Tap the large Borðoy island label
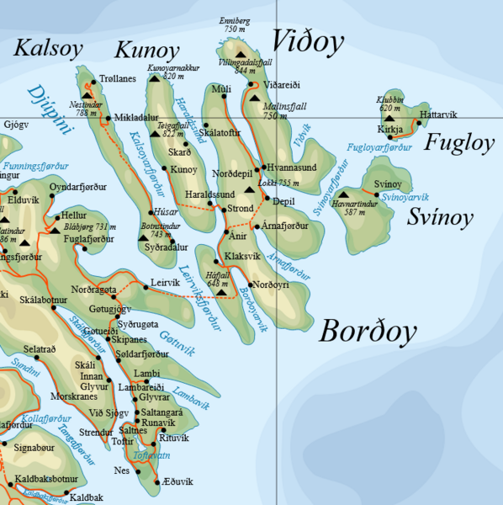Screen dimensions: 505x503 click(368, 332)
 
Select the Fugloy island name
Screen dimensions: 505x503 click(458, 142)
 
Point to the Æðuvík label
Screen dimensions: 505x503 click(177, 481)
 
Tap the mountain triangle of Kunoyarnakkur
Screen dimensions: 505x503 click(154, 79)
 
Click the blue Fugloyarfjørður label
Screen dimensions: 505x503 click(380, 148)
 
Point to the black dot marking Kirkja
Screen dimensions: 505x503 click(389, 137)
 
